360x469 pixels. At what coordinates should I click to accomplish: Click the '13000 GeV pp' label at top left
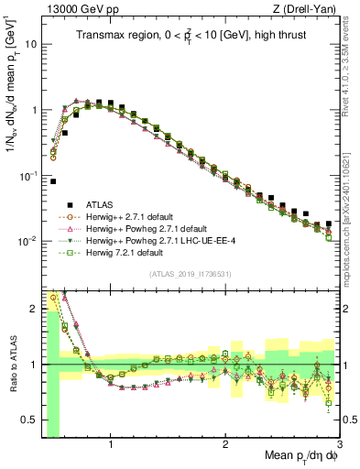(x=74, y=8)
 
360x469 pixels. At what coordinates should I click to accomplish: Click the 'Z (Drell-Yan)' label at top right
(x=308, y=8)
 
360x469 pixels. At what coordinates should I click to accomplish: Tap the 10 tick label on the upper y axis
(x=32, y=44)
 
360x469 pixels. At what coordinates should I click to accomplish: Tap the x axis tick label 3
(x=338, y=446)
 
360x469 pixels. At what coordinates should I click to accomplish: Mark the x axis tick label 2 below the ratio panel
(x=225, y=446)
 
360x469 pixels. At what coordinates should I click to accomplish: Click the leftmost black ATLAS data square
(x=53, y=181)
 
